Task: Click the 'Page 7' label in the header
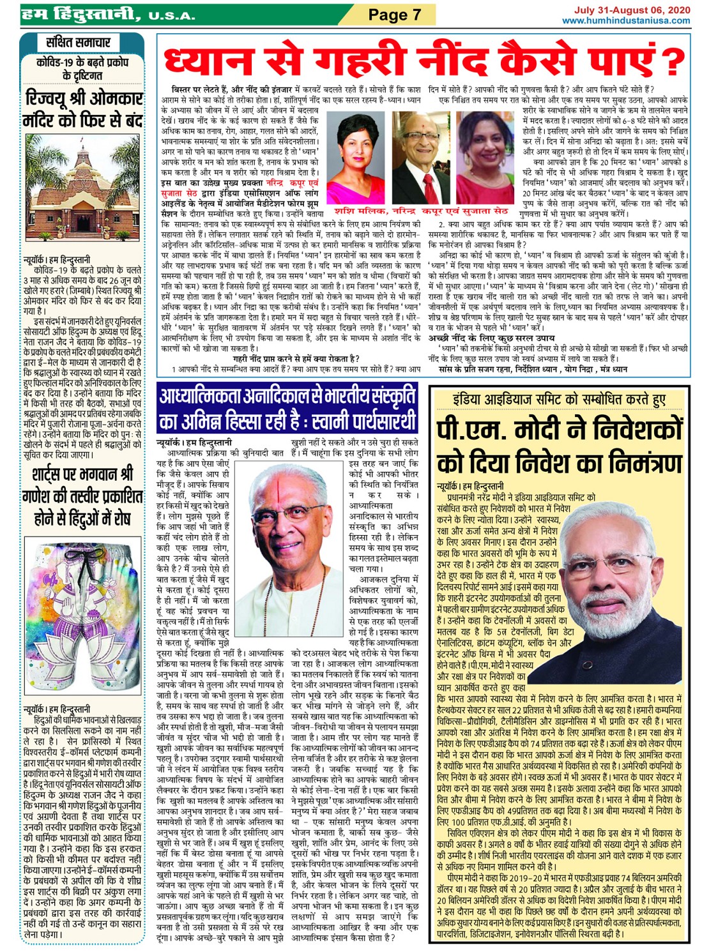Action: point(395,15)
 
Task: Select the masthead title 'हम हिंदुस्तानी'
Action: point(80,14)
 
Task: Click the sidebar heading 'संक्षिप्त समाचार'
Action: point(79,43)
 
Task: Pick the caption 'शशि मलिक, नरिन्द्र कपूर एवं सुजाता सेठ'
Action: point(421,211)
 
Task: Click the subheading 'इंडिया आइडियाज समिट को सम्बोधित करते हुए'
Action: point(559,400)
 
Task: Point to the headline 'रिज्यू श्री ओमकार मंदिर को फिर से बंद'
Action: point(82,109)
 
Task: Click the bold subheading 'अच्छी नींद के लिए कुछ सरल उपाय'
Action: point(491,338)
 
